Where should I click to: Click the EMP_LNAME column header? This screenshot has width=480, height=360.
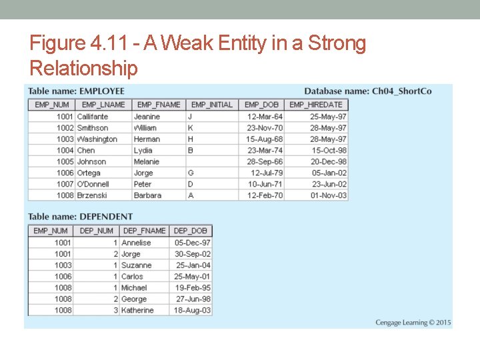(x=103, y=105)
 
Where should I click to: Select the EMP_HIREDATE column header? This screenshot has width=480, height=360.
(x=316, y=105)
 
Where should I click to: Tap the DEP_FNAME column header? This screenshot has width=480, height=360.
(x=144, y=231)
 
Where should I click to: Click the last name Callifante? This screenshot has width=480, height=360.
(x=92, y=117)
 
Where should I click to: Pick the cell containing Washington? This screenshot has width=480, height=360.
(x=97, y=139)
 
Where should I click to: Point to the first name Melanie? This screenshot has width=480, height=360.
(x=147, y=162)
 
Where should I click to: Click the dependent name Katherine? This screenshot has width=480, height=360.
(x=137, y=311)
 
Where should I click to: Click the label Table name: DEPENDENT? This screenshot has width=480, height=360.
(x=80, y=217)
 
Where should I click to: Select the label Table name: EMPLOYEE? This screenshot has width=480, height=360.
(x=76, y=91)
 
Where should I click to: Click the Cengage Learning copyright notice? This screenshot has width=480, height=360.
(x=413, y=323)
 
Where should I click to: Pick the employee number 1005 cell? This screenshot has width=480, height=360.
(x=65, y=162)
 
